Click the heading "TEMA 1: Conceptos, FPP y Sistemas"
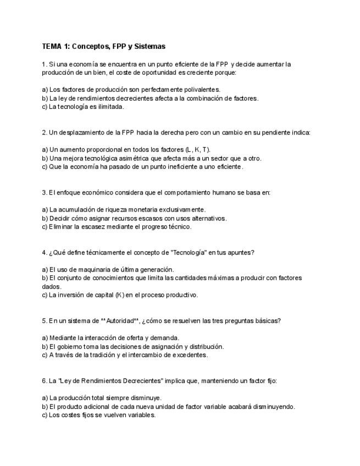click(x=103, y=47)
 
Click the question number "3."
click(x=45, y=193)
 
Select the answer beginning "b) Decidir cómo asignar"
click(x=134, y=218)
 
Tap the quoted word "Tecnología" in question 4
click(x=189, y=253)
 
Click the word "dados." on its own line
click(x=52, y=287)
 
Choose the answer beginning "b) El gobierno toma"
click(x=132, y=347)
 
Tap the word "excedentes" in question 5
click(x=190, y=356)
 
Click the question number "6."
click(x=45, y=381)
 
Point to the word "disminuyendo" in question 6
click(x=274, y=407)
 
